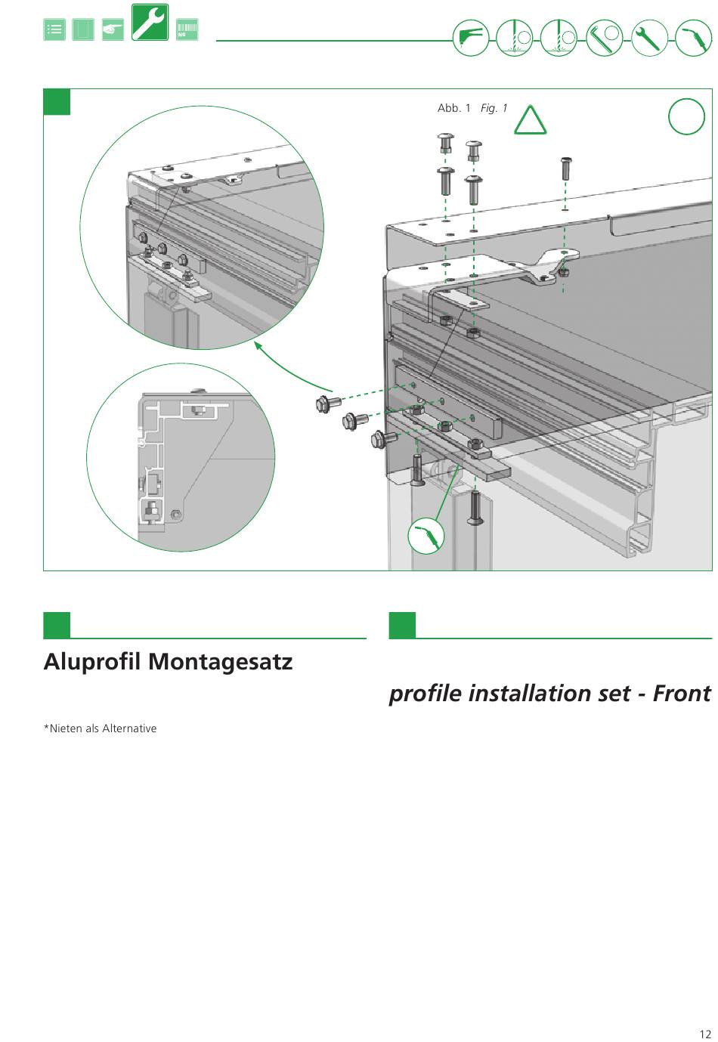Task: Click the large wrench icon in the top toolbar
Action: [x=150, y=22]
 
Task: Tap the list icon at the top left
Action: [x=54, y=30]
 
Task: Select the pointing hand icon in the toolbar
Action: [x=113, y=30]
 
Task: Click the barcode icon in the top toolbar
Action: [x=187, y=30]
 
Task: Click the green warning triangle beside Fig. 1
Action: [x=530, y=120]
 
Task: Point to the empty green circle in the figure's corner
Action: [x=686, y=117]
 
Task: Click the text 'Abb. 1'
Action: [x=453, y=108]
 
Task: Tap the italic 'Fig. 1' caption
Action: [x=494, y=108]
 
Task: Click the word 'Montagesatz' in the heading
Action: [x=220, y=662]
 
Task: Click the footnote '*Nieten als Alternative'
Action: [x=100, y=728]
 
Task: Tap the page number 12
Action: [x=705, y=1034]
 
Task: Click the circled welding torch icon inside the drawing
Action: [x=426, y=536]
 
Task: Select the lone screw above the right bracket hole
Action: [x=565, y=167]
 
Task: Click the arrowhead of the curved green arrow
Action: [x=258, y=345]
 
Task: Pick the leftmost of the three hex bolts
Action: [x=328, y=404]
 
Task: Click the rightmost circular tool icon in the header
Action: [x=692, y=37]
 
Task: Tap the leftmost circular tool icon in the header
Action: [x=471, y=37]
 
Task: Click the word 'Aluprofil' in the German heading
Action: [x=92, y=662]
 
